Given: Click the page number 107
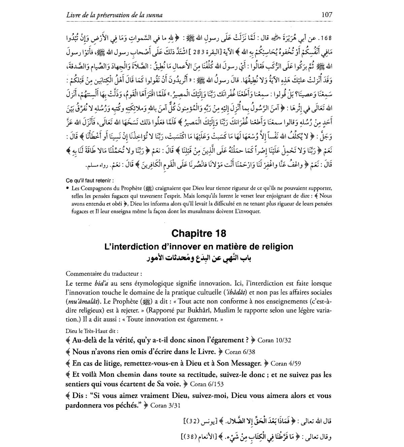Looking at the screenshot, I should [x=327, y=14].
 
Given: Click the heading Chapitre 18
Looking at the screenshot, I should [x=199, y=233].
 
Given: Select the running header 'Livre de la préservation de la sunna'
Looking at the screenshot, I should [x=114, y=15].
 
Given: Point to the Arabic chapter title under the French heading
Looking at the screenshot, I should [x=199, y=259].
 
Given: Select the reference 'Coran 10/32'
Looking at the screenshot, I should [x=274, y=340].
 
